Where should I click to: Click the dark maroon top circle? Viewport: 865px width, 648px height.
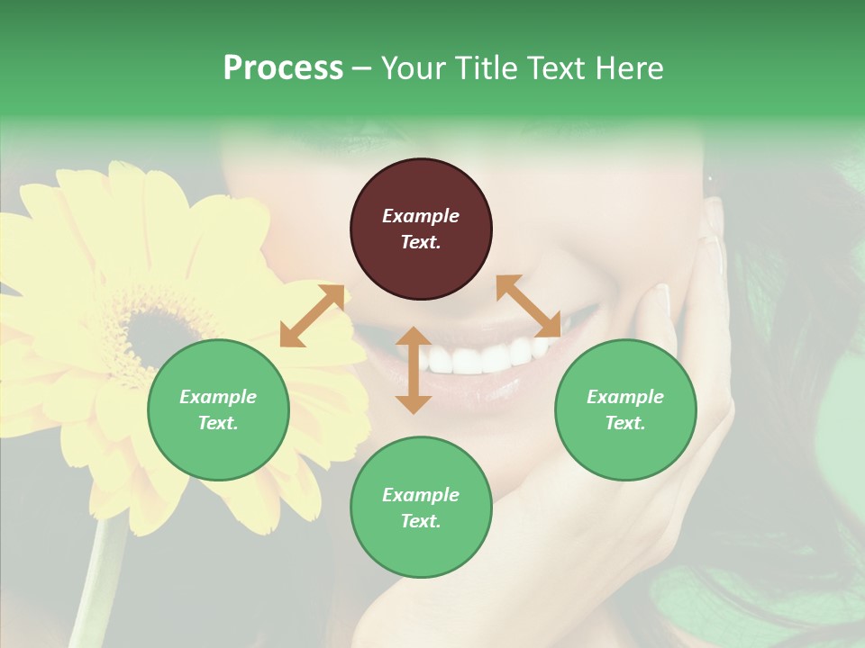click(421, 229)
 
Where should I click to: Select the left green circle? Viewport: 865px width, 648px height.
click(218, 409)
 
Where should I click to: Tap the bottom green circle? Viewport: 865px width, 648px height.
click(421, 508)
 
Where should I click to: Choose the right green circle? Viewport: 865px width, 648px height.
click(625, 409)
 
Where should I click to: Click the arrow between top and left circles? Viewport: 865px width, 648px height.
click(312, 316)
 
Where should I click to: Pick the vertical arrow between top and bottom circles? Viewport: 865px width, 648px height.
click(414, 370)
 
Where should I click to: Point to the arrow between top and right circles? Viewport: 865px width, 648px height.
click(528, 306)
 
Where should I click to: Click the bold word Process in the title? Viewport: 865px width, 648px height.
click(283, 67)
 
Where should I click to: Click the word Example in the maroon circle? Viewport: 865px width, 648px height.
click(421, 216)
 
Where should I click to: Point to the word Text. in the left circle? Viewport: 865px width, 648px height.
click(218, 423)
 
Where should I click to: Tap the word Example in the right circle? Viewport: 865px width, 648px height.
click(625, 397)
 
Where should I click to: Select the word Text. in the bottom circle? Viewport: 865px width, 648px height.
click(421, 521)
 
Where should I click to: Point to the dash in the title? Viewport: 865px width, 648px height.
click(362, 68)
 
